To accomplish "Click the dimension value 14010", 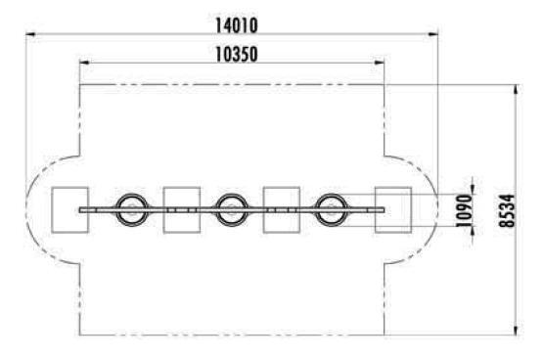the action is tap(237, 25).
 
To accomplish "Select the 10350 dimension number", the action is tap(237, 55).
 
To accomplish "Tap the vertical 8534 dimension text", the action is tap(507, 210).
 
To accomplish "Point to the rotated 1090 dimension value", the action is tap(464, 210).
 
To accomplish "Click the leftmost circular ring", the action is tap(132, 195).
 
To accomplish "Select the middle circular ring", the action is tap(232, 195).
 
